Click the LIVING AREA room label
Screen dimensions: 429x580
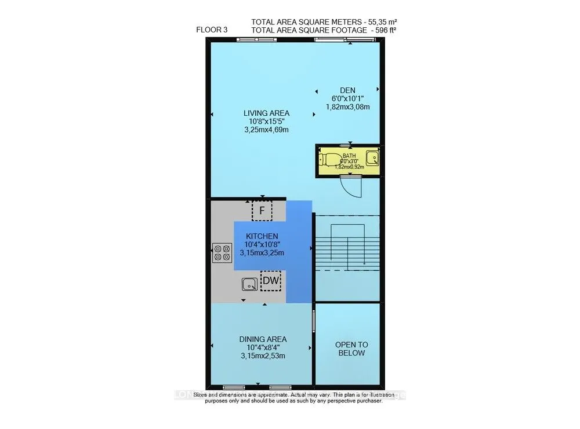coord(266,113)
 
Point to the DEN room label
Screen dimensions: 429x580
coord(347,90)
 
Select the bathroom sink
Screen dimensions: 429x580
coord(374,157)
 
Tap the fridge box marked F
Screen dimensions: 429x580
coord(262,210)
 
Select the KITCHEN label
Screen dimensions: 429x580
coord(262,236)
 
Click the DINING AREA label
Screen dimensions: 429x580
coord(263,339)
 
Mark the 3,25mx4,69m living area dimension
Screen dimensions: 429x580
coord(266,130)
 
